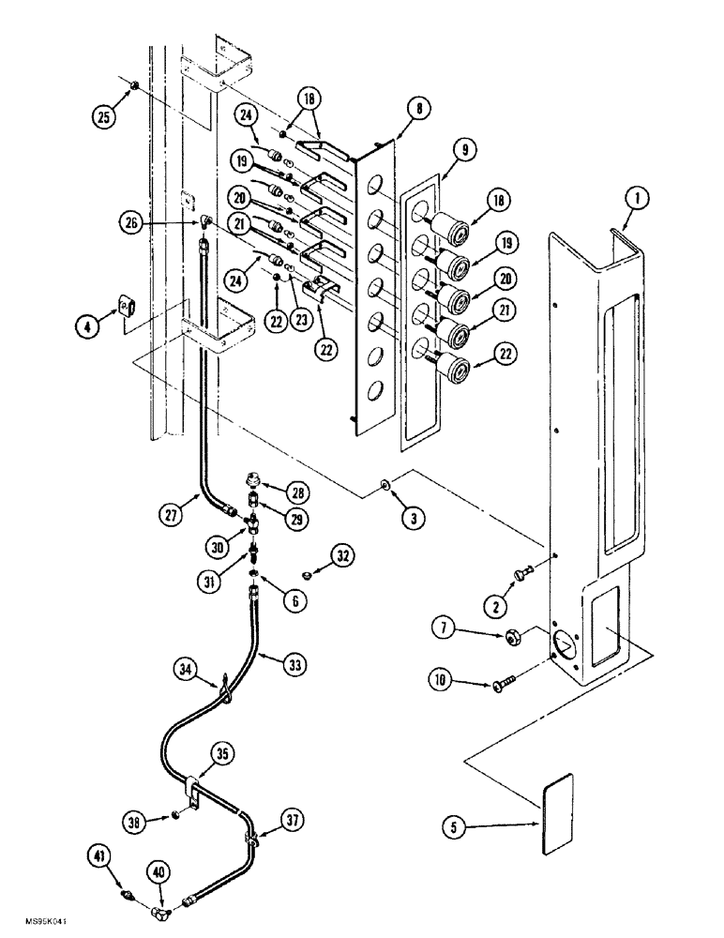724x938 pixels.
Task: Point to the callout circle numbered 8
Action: click(416, 111)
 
